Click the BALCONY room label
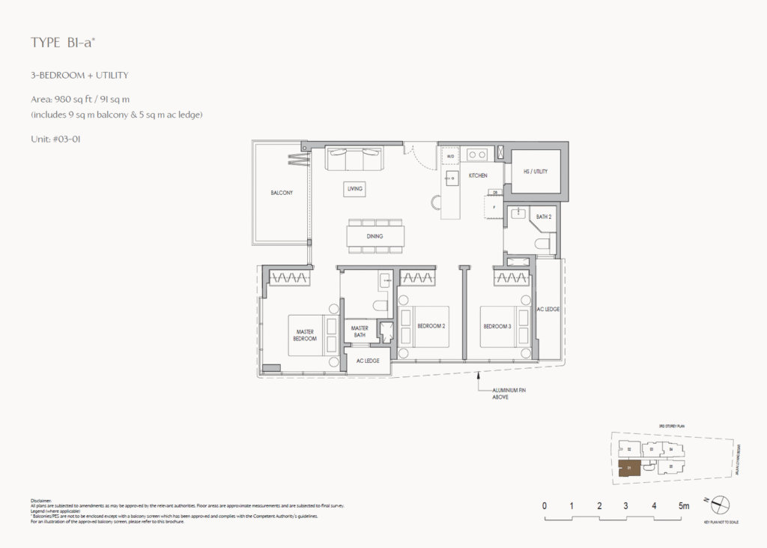coord(282,193)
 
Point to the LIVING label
coord(354,189)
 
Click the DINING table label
coord(375,236)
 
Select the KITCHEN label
coord(478,175)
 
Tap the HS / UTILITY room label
coord(536,172)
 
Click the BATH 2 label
coord(544,217)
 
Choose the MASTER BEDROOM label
coord(305,334)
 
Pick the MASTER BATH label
coord(360,331)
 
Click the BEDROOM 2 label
coord(433,326)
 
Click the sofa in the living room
coord(354,158)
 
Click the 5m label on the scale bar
coord(683,506)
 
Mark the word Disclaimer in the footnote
coord(41,500)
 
